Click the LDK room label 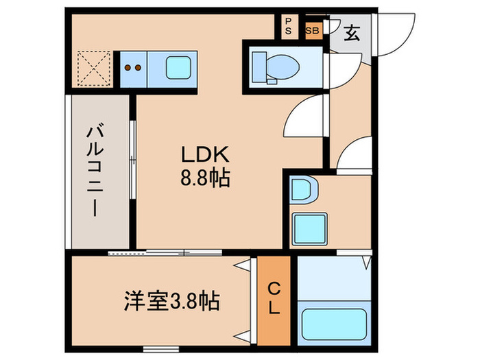(199, 155)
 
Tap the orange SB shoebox (312, 31)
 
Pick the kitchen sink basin (179, 67)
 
